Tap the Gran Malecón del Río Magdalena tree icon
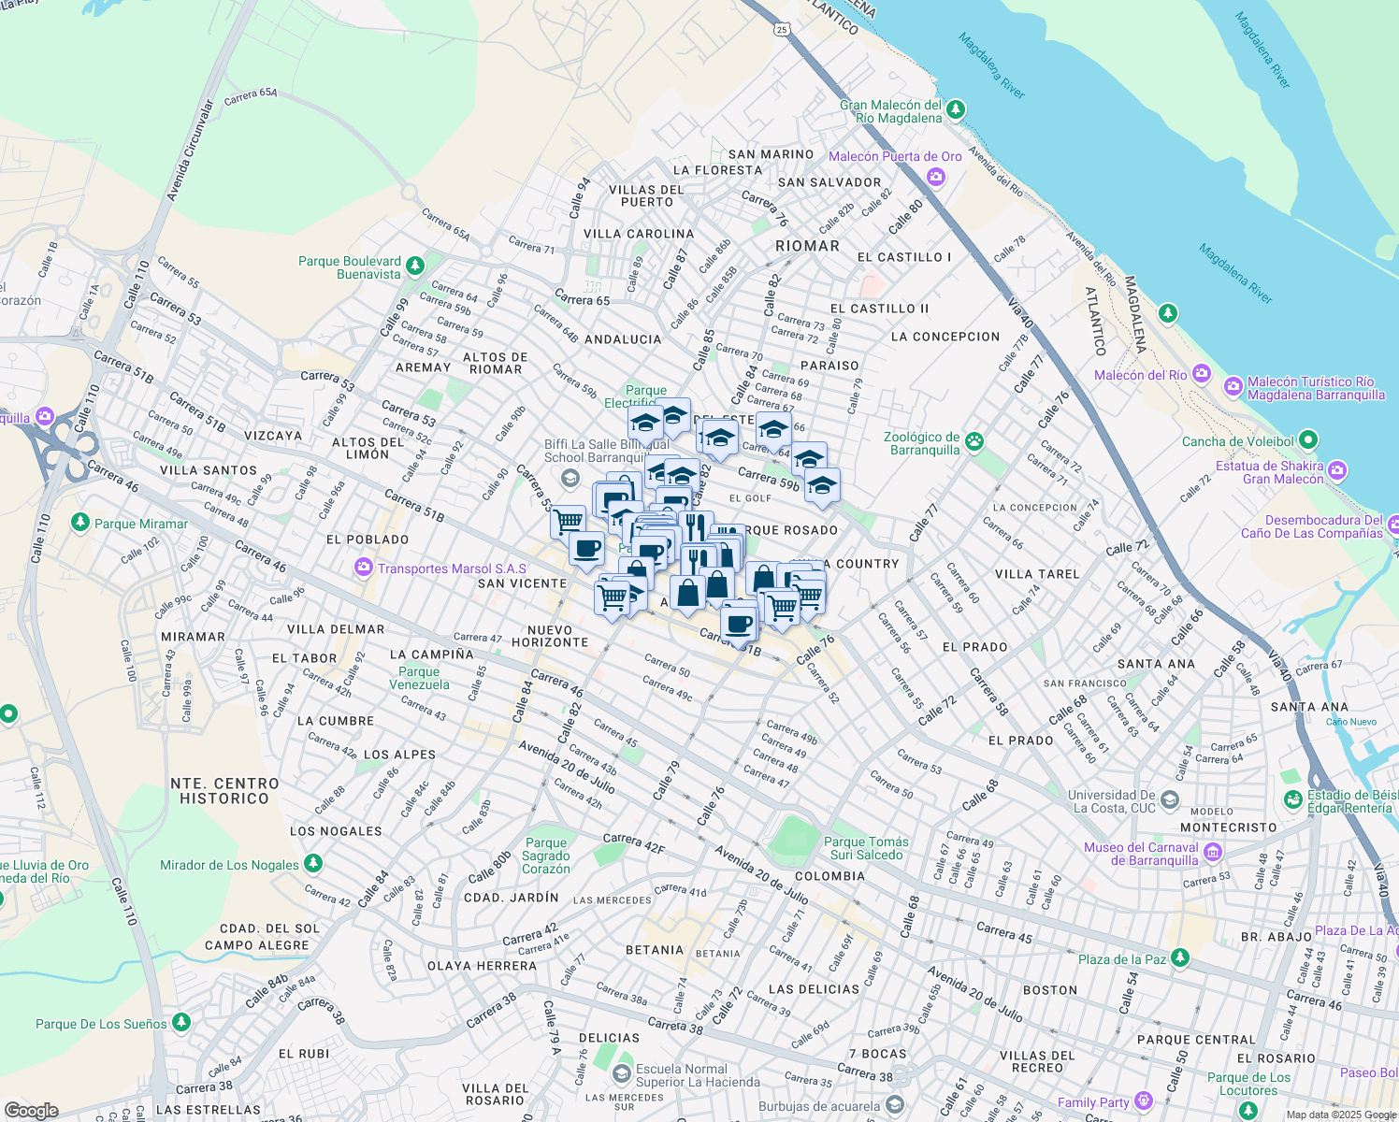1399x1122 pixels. [x=955, y=111]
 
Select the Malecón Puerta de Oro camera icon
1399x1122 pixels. [x=938, y=176]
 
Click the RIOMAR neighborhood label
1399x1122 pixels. [x=807, y=246]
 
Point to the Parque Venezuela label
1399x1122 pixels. [x=419, y=678]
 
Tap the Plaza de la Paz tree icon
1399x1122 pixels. [x=1180, y=958]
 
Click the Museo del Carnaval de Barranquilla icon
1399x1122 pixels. [x=1213, y=852]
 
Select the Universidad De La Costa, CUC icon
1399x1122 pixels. [x=1170, y=800]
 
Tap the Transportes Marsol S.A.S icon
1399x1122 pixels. [x=363, y=568]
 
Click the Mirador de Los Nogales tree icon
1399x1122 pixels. [x=313, y=863]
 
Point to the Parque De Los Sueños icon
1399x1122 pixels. [x=181, y=1023]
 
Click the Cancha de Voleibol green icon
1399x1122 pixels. [x=1308, y=439]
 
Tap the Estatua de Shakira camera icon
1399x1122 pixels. [x=1337, y=470]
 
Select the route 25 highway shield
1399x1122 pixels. [x=782, y=30]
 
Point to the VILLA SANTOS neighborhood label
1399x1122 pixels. [x=208, y=470]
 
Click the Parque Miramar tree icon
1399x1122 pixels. [x=80, y=522]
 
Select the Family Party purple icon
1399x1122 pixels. [x=1142, y=1100]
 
